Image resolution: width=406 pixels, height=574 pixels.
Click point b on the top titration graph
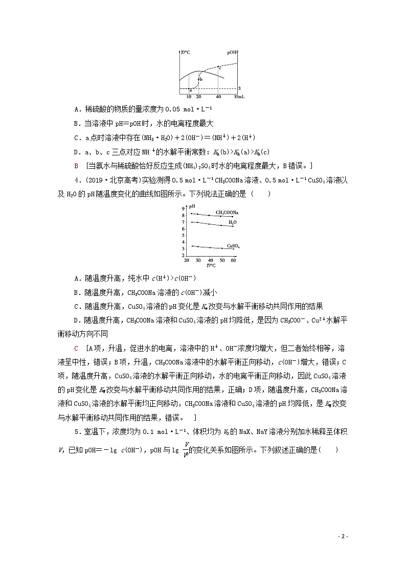tap(200, 80)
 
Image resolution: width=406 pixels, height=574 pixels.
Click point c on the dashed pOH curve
tap(220, 67)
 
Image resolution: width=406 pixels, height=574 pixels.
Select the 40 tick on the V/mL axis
tap(219, 96)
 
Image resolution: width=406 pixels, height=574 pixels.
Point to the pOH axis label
tap(231, 52)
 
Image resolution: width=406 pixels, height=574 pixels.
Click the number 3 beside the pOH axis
tap(239, 88)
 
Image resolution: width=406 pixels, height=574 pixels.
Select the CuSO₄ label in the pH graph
tap(233, 245)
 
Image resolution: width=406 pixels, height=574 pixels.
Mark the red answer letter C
tap(76, 348)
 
